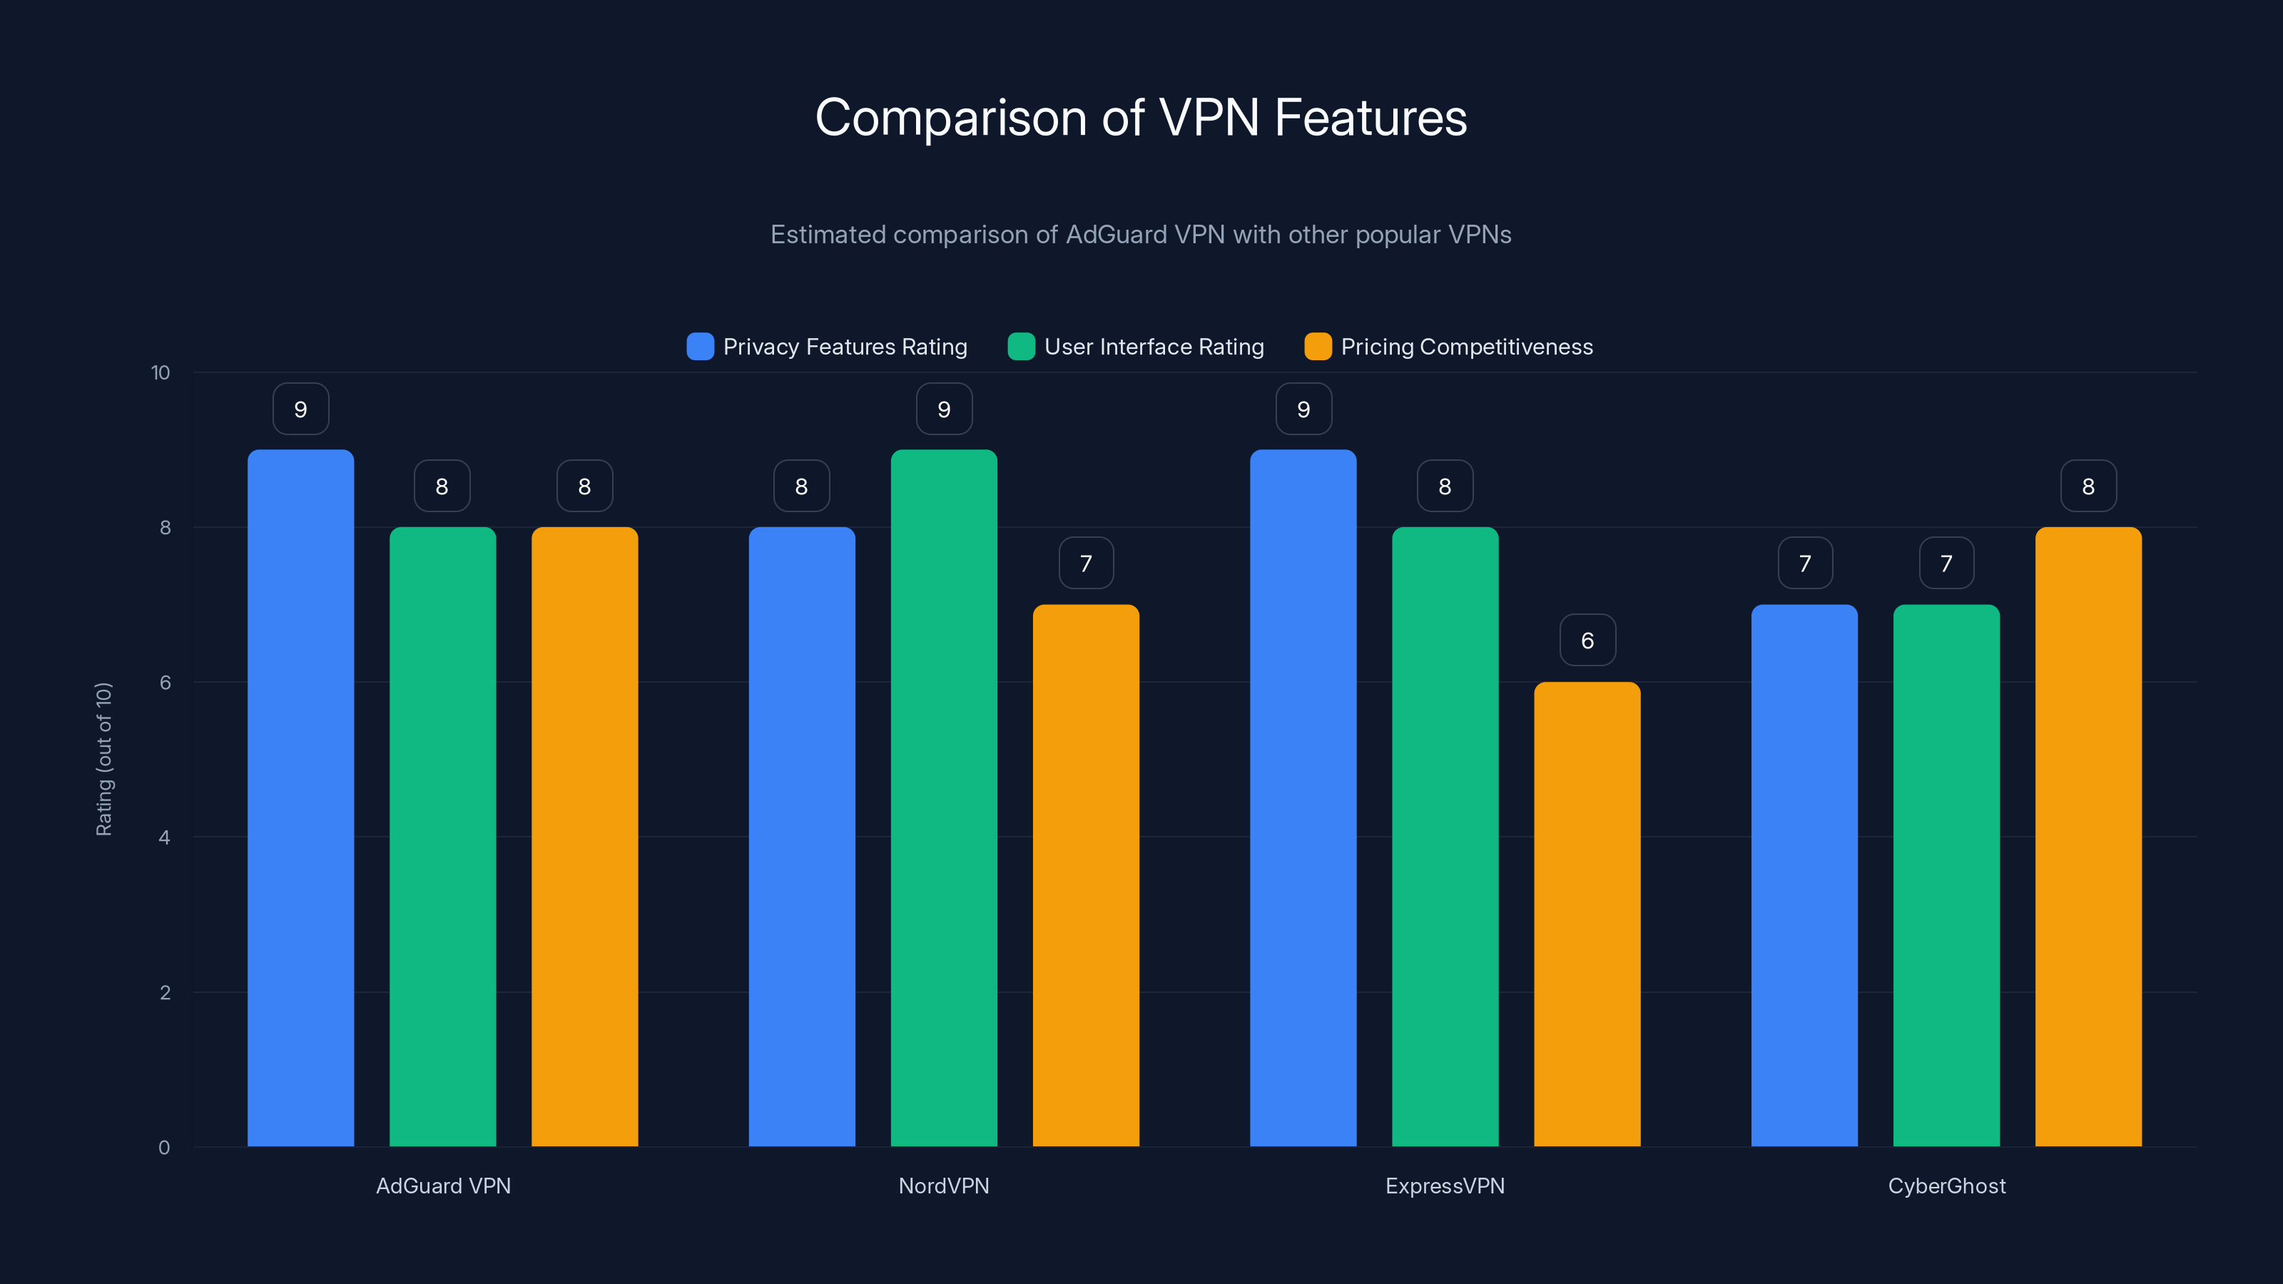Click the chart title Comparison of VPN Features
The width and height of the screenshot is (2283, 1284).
pos(1141,118)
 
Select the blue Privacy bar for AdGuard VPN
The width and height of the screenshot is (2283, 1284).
pos(300,798)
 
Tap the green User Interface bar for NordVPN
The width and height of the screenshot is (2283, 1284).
pos(944,798)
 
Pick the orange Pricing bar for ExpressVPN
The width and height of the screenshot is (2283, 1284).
pos(1587,913)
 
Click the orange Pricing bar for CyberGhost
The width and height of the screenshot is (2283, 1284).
pos(2088,837)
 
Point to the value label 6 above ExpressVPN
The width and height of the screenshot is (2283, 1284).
pos(1587,640)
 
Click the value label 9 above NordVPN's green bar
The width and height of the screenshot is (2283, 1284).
pos(944,409)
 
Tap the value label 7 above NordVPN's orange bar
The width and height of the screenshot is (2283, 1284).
pos(1086,564)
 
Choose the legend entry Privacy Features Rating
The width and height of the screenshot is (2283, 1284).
pos(844,347)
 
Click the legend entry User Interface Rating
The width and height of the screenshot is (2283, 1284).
pos(1153,347)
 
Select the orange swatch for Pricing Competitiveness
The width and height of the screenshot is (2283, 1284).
pos(1318,347)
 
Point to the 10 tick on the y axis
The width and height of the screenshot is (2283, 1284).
pos(161,373)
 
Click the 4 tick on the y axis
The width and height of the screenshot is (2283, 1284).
pos(164,837)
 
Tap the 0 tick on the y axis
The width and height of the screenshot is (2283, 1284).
pos(164,1148)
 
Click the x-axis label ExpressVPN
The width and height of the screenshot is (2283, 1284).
pos(1445,1186)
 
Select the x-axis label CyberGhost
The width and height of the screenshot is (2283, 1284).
pos(1946,1186)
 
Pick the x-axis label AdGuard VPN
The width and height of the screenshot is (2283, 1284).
pos(443,1186)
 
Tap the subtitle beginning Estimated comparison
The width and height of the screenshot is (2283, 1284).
pos(1141,235)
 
